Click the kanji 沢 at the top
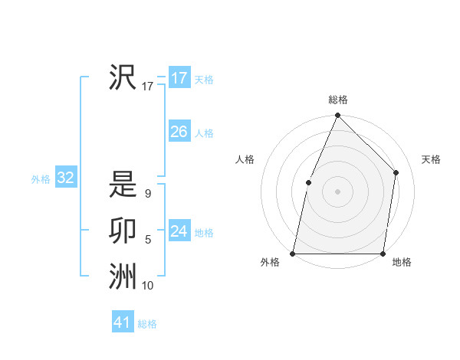122,77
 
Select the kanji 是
122,185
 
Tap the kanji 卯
122,231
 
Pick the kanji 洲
122,277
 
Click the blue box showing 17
179,78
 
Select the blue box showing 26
179,132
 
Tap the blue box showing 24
179,231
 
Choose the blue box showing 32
66,178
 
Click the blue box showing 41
123,322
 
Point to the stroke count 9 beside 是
147,195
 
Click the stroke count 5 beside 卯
148,241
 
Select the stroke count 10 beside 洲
148,286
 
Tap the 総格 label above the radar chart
338,100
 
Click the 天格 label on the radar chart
432,159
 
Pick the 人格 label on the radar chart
245,159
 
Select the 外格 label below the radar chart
270,263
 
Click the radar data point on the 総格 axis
338,116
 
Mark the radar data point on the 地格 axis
383,253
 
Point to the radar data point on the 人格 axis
308,182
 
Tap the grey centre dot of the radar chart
338,191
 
